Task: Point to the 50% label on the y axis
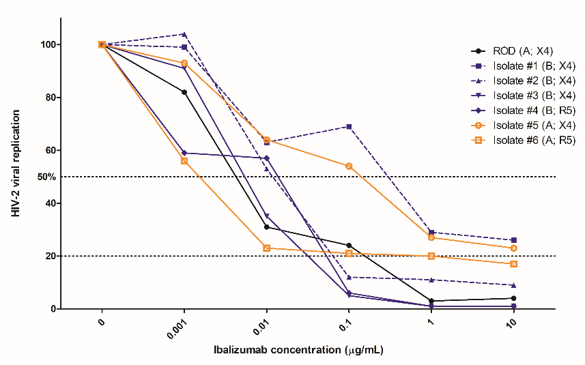[46, 177]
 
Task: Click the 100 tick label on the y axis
[46, 44]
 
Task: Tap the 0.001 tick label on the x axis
[176, 329]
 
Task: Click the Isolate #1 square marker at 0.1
[349, 127]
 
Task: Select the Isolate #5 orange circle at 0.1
[349, 166]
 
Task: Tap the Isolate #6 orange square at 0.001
[184, 161]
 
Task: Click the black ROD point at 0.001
[184, 92]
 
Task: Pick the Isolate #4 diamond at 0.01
[266, 158]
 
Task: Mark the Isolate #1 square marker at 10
[513, 240]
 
